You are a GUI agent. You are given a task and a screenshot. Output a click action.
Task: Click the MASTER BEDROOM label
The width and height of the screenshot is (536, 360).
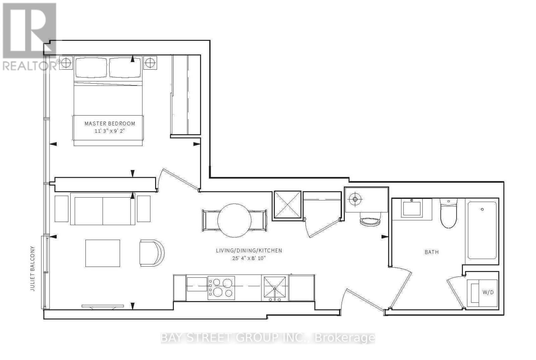coord(110,124)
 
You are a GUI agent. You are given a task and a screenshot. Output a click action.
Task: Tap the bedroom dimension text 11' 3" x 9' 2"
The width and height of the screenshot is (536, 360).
coord(110,131)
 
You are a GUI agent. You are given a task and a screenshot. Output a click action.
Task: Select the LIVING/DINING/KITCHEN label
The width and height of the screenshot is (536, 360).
coord(249,251)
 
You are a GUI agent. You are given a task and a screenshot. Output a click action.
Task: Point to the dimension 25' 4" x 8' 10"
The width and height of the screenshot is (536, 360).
coord(249,258)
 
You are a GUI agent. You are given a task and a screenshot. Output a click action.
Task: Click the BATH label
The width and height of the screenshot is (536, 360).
coord(432,252)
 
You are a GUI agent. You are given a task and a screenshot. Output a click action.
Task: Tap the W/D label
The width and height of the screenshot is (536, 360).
coord(488,292)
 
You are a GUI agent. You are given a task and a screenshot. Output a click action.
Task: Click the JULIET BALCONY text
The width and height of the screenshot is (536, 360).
coord(32,268)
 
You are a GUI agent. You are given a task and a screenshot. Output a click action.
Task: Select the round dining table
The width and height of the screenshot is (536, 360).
coord(234,220)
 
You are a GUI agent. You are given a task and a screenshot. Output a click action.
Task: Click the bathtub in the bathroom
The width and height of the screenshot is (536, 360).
coord(482,230)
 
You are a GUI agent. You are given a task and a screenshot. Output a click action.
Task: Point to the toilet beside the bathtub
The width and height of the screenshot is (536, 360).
coord(449,214)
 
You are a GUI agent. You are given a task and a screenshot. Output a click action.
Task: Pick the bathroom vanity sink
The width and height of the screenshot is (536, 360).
coord(412,209)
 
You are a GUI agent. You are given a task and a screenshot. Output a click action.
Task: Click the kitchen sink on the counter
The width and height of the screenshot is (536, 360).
coord(275,289)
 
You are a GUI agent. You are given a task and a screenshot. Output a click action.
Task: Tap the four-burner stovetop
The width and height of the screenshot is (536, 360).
coord(221,288)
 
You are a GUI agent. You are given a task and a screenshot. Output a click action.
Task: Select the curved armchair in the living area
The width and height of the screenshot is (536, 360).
coord(152,253)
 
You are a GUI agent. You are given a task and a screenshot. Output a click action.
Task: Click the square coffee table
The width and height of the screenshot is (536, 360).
coord(103,253)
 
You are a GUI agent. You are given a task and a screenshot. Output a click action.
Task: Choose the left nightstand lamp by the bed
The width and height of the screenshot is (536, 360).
coord(66,63)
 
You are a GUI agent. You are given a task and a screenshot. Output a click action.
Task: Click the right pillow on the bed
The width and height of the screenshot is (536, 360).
coord(125,68)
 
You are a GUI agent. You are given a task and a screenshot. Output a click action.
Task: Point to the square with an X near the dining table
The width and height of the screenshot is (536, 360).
coord(287,205)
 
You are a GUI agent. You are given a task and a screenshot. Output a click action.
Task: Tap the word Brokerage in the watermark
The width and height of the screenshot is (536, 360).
coord(345,338)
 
